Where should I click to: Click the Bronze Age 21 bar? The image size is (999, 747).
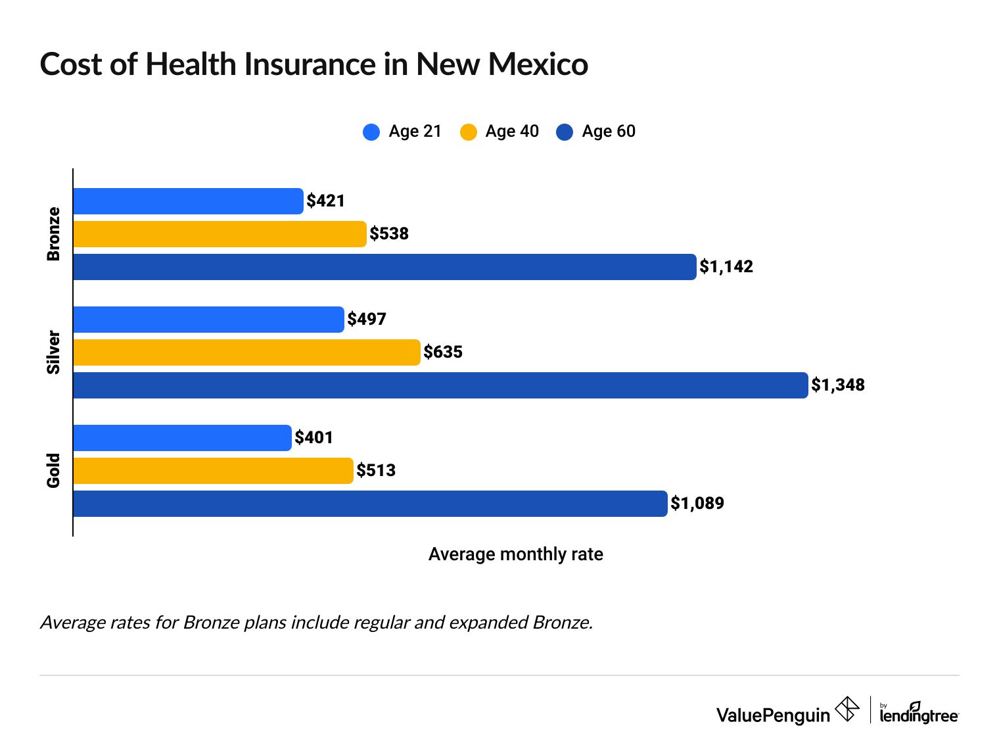(x=188, y=201)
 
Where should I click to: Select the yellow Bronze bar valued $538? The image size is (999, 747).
(x=220, y=234)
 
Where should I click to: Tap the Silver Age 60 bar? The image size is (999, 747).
(x=440, y=385)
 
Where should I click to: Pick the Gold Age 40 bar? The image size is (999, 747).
(x=213, y=471)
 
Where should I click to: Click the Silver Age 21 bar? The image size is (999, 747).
(x=208, y=320)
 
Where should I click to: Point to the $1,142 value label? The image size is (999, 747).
(x=726, y=267)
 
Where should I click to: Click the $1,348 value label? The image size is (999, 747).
(x=838, y=385)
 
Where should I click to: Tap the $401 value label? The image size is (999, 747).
(x=314, y=438)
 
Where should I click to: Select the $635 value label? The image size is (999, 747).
(x=443, y=352)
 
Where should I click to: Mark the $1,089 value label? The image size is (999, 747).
(x=697, y=504)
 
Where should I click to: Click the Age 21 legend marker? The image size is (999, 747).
(x=371, y=132)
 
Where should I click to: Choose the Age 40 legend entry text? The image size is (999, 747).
(x=512, y=132)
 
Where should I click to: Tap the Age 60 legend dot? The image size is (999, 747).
(x=565, y=132)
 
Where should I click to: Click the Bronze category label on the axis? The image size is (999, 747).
(x=53, y=234)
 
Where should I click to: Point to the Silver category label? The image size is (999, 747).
(x=53, y=352)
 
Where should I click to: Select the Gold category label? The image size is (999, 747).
(x=53, y=471)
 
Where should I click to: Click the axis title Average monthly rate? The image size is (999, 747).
(x=515, y=554)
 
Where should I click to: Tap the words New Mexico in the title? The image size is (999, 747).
(x=502, y=64)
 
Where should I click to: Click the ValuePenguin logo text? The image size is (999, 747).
(x=773, y=715)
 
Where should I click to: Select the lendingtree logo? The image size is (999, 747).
(x=919, y=713)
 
